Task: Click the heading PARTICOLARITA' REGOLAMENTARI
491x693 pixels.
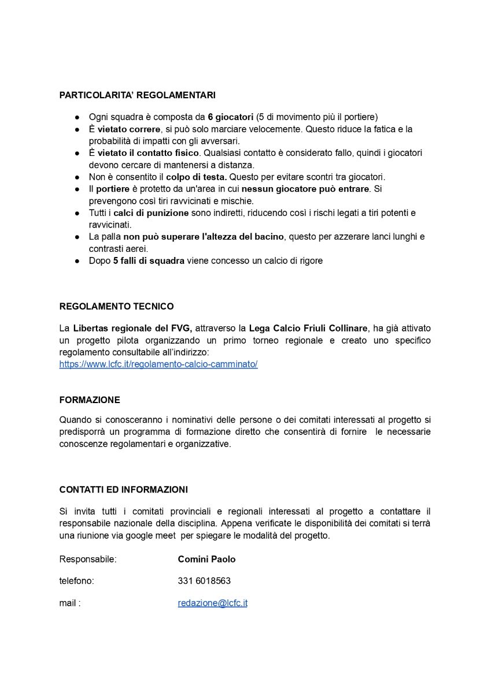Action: [x=137, y=95]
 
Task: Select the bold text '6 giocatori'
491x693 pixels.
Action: [x=231, y=117]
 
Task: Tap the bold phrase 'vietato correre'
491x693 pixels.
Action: [x=128, y=129]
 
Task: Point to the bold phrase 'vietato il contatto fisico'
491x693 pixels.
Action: [x=148, y=153]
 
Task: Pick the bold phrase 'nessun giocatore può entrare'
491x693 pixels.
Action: [x=305, y=189]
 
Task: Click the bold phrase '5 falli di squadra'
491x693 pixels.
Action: [x=149, y=260]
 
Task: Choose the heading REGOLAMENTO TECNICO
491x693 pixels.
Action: [x=116, y=306]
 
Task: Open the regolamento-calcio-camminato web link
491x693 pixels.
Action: [x=158, y=364]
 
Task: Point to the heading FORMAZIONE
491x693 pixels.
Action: [x=90, y=400]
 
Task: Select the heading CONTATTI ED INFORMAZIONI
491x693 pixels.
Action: [x=123, y=489]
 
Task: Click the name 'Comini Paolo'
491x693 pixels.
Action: [x=206, y=559]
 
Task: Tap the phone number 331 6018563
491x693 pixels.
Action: [x=204, y=581]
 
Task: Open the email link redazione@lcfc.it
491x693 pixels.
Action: [x=212, y=603]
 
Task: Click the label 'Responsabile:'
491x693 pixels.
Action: [x=88, y=559]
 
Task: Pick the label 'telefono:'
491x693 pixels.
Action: [x=76, y=581]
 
